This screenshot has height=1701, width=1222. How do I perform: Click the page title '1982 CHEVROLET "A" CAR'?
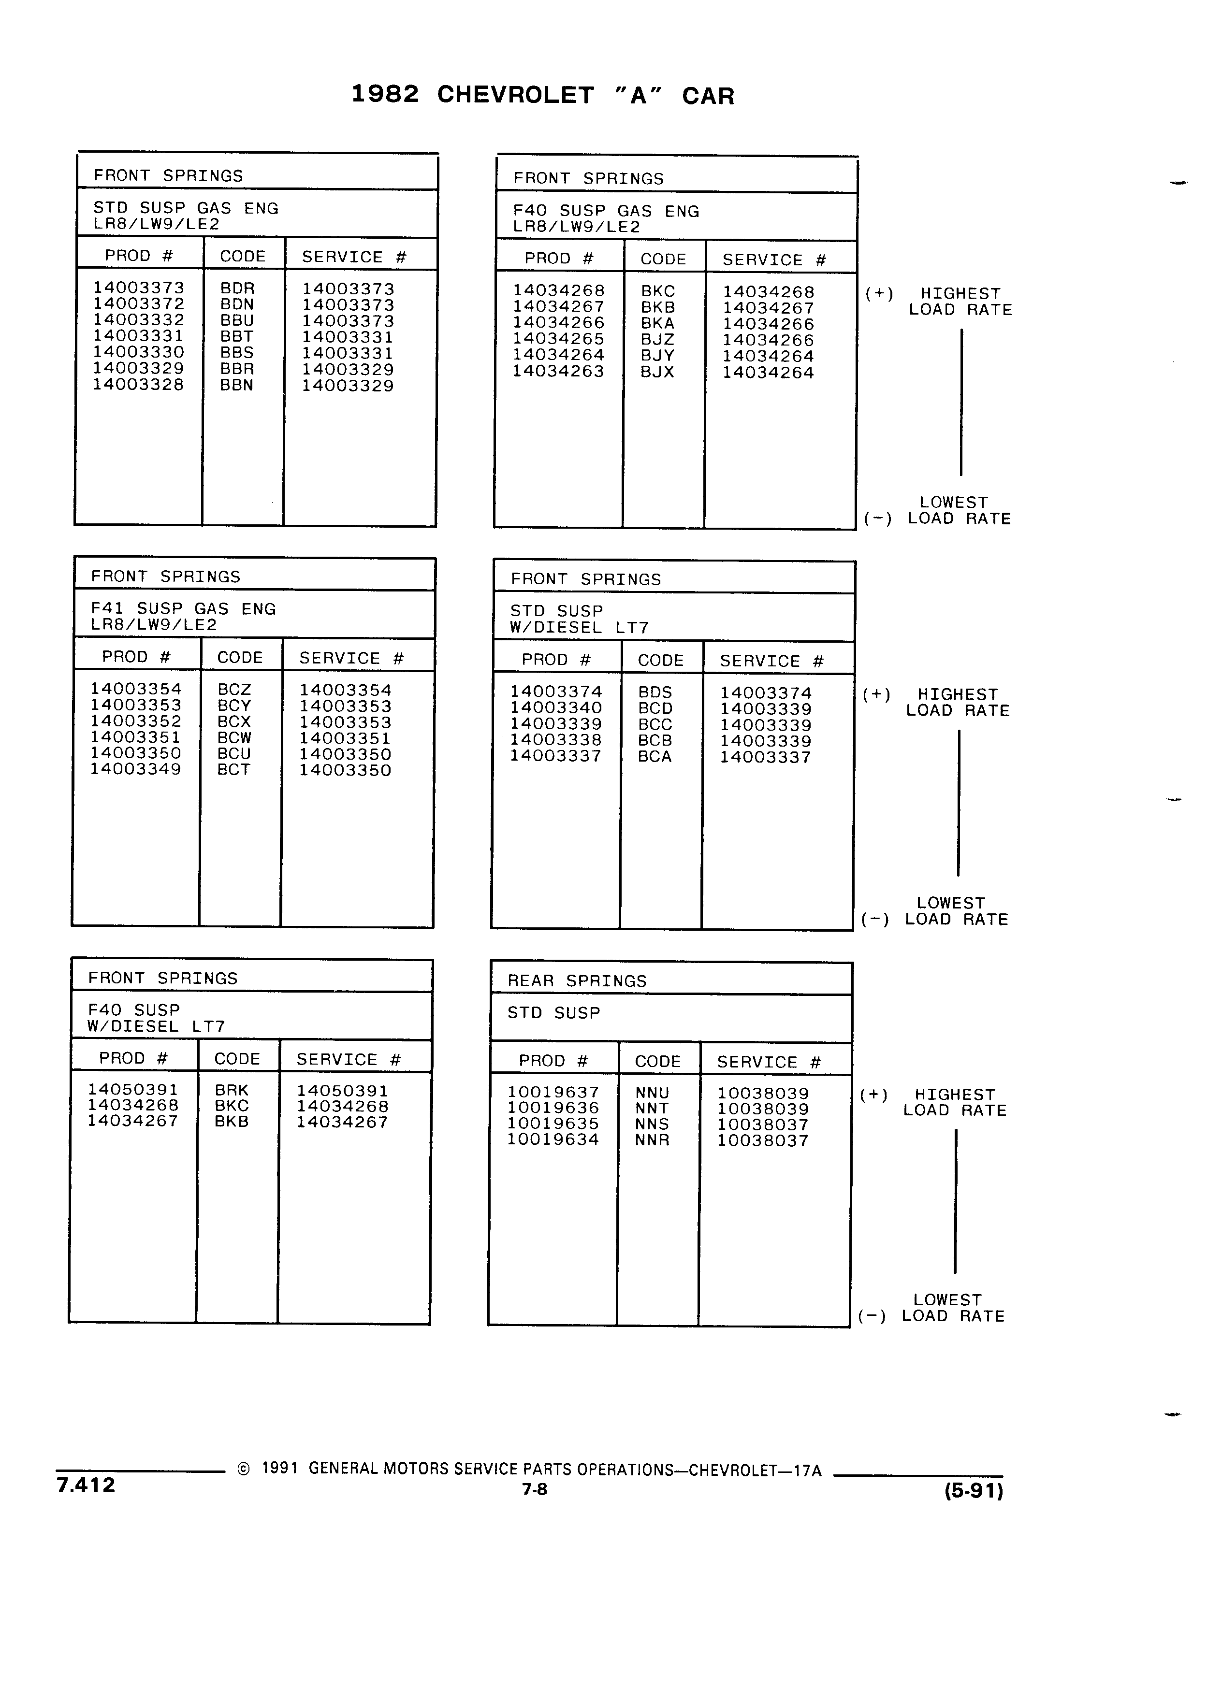tap(542, 95)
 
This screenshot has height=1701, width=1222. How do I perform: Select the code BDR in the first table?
tap(237, 288)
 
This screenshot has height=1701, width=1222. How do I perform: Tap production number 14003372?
tap(138, 304)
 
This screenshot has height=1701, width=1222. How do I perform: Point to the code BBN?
tap(236, 385)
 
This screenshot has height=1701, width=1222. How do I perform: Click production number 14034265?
tap(558, 338)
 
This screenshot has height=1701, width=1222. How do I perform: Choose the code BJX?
tap(657, 371)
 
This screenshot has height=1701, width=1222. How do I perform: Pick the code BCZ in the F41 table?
tap(234, 689)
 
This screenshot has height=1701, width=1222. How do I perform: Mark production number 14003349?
tap(136, 769)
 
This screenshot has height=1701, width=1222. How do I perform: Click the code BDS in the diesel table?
tap(655, 692)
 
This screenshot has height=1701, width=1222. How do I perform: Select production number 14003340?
tap(556, 708)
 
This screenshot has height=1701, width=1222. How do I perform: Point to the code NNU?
tap(652, 1093)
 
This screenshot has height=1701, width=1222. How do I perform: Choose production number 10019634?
tap(553, 1139)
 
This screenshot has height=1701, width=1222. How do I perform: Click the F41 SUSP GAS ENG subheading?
tap(184, 609)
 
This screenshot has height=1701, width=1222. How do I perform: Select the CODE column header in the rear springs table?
tap(658, 1061)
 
